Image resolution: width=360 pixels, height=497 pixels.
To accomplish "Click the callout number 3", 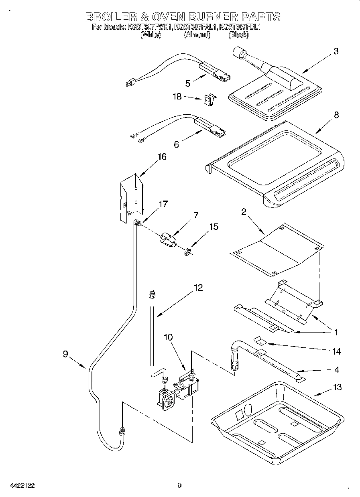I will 336,51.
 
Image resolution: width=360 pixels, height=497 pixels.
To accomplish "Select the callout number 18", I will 177,97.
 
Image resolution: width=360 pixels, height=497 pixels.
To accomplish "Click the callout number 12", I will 198,288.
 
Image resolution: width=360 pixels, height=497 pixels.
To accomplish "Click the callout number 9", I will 65,354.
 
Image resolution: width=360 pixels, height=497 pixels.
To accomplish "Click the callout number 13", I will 337,387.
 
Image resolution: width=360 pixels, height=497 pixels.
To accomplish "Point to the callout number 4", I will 337,369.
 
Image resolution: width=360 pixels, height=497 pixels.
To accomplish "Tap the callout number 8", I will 336,115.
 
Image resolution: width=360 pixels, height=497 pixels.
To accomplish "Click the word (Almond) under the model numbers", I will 197,35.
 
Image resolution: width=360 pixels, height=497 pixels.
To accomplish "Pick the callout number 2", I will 244,212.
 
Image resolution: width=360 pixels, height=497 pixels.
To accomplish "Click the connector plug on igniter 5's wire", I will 129,83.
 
